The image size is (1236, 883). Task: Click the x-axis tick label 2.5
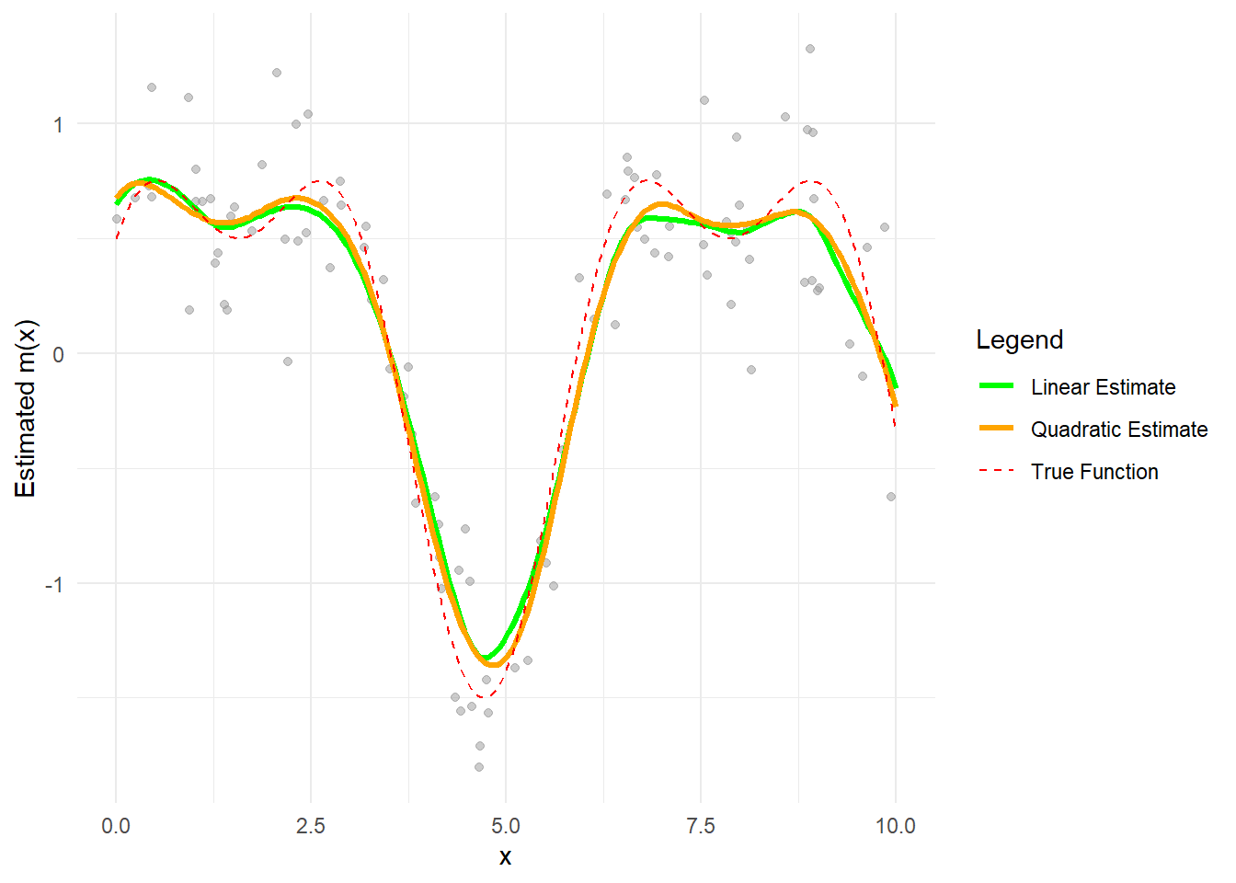click(x=311, y=826)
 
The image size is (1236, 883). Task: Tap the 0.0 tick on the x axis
click(x=116, y=826)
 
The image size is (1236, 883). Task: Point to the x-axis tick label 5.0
click(x=506, y=826)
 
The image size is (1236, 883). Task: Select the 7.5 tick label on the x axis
click(x=701, y=826)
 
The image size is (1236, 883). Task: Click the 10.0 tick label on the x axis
click(x=895, y=826)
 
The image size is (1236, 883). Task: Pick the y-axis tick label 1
click(x=58, y=125)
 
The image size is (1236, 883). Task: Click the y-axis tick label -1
click(x=54, y=584)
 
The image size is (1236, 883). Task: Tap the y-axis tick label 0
click(x=58, y=354)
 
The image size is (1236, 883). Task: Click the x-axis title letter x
click(x=505, y=857)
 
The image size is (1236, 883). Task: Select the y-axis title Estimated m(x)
click(x=26, y=409)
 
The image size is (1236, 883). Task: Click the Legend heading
click(x=1019, y=339)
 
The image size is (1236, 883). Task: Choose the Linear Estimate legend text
click(x=1103, y=387)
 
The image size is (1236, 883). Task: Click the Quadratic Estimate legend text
click(x=1119, y=430)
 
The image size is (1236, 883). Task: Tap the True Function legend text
click(x=1094, y=472)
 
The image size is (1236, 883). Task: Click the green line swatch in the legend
click(x=997, y=386)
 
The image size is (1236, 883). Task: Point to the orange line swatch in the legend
click(x=997, y=429)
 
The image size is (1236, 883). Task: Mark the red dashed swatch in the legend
click(x=997, y=471)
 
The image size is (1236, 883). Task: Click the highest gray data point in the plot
click(x=810, y=49)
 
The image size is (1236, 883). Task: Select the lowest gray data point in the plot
click(x=478, y=767)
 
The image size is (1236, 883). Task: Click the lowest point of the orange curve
click(x=493, y=663)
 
